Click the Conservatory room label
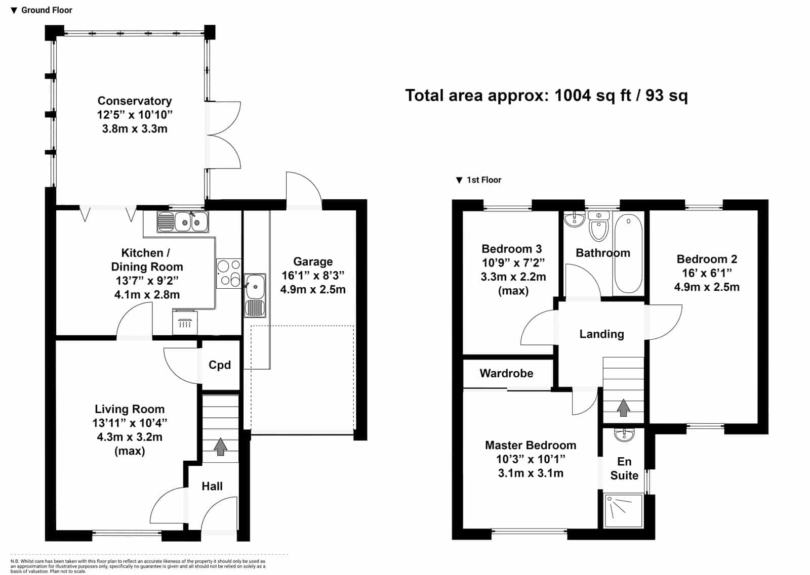tap(135, 101)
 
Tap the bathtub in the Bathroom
tap(628, 253)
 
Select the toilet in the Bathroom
tap(599, 226)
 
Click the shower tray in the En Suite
tap(624, 511)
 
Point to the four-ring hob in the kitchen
tap(229, 274)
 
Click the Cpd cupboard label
tap(220, 365)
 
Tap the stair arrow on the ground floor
tap(220, 447)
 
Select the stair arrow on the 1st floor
tap(623, 408)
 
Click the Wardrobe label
tap(506, 373)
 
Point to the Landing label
tap(602, 334)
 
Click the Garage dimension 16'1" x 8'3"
tap(313, 276)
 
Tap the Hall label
tap(212, 486)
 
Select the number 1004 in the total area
tap(575, 96)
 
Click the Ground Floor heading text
tap(47, 10)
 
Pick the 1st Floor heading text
tap(484, 180)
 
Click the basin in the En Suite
tap(624, 434)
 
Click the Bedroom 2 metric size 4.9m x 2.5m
tap(707, 287)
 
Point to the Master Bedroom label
tap(531, 445)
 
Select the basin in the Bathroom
tap(574, 219)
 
